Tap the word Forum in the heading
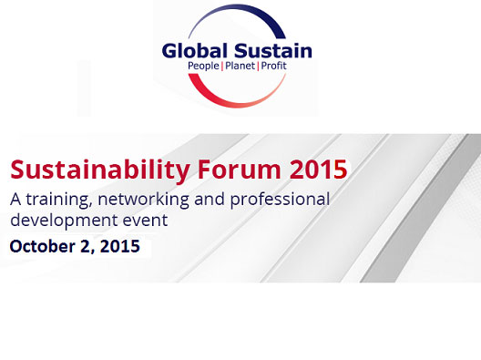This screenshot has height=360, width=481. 221,170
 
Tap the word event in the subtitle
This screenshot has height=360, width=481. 147,221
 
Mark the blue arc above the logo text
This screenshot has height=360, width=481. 237,14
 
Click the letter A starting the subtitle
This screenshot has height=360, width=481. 15,199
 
